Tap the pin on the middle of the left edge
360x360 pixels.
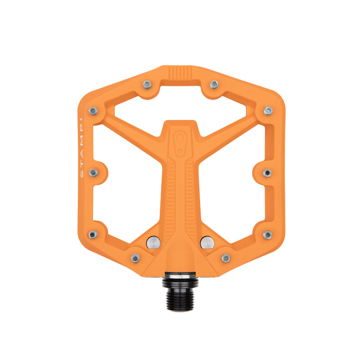click(94, 172)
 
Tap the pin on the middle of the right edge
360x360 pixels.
click(267, 173)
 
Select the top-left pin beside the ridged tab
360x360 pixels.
click(147, 84)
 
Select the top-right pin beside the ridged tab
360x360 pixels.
click(214, 84)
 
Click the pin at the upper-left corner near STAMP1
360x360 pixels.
click(93, 111)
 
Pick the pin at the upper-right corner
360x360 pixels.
click(268, 110)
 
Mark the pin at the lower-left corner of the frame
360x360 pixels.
click(93, 234)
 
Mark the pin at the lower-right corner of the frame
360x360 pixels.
click(267, 234)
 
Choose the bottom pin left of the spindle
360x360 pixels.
click(135, 258)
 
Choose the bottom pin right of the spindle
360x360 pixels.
click(226, 258)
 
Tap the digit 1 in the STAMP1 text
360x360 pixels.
click(81, 121)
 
